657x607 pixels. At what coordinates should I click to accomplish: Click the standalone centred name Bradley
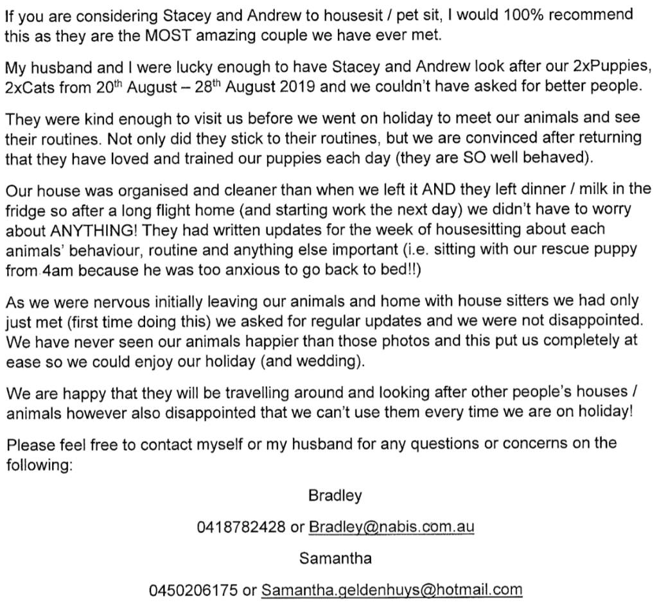pos(335,496)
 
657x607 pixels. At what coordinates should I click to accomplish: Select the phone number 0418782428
pos(241,527)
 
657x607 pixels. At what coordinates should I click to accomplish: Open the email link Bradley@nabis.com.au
pos(392,527)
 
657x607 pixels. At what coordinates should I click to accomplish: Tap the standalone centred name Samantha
pos(335,558)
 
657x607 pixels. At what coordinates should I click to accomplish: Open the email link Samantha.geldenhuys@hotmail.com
pos(392,589)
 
